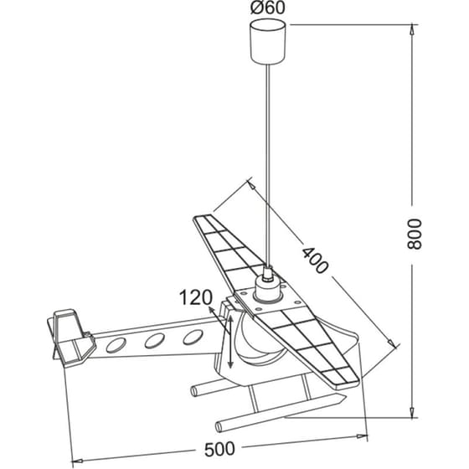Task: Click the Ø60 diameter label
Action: point(268,8)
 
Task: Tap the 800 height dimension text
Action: point(415,234)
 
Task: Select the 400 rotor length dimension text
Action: point(315,260)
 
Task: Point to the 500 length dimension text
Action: point(219,449)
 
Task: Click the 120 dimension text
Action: point(196,297)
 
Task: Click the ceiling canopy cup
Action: point(268,41)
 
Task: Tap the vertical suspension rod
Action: point(268,165)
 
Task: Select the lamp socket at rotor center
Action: point(268,288)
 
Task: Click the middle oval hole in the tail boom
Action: point(155,341)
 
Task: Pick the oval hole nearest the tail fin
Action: point(116,344)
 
